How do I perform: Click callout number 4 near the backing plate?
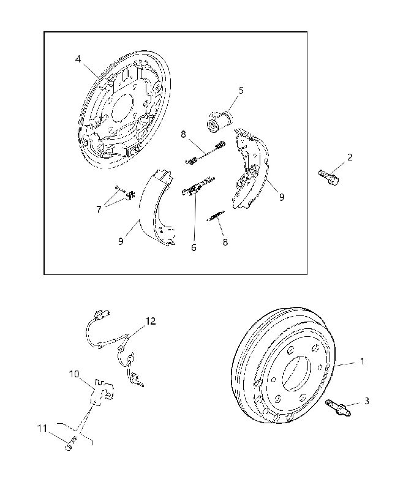(x=78, y=59)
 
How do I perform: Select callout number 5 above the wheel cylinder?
(x=241, y=91)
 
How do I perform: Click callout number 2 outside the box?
(x=350, y=157)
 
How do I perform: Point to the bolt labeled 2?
(x=329, y=178)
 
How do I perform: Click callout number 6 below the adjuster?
(x=194, y=247)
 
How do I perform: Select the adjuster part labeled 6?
(x=197, y=187)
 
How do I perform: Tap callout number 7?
(x=99, y=209)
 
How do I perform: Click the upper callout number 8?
(x=183, y=134)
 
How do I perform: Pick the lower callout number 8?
(x=225, y=242)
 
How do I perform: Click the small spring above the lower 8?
(x=215, y=216)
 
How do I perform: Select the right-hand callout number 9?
(x=282, y=197)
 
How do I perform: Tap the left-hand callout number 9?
(x=121, y=241)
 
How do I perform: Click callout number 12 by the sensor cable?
(x=150, y=321)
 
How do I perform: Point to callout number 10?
(x=74, y=374)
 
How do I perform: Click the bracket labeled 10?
(x=102, y=392)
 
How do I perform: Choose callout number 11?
(x=42, y=428)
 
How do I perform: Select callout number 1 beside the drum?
(x=362, y=361)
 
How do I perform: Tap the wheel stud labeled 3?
(x=338, y=408)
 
